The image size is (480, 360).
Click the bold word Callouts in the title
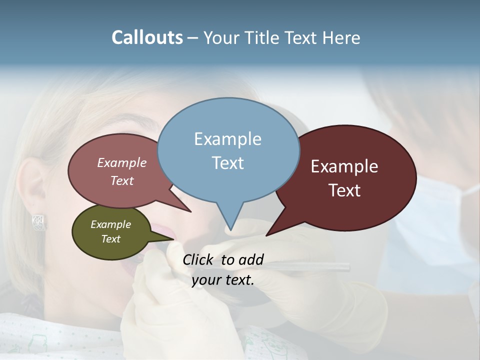point(147,37)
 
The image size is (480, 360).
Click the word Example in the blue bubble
point(227,139)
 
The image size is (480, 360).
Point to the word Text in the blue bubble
point(227,163)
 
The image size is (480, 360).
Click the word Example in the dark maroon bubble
point(344,166)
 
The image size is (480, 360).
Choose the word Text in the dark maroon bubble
point(344,190)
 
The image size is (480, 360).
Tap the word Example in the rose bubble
point(121,163)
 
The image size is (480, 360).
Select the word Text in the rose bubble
point(121,181)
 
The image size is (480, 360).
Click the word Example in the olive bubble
point(110,224)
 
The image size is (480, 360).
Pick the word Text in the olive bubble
point(110,239)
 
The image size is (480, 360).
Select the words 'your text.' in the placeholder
point(223,280)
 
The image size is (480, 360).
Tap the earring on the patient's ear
point(39,222)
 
